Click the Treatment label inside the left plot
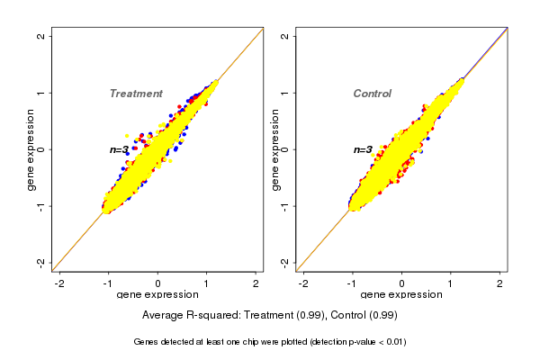tap(136, 94)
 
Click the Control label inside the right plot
tap(372, 94)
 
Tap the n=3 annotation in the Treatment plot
tap(120, 149)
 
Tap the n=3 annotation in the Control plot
tap(363, 149)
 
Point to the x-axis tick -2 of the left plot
tap(60, 283)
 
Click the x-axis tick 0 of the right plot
tap(401, 283)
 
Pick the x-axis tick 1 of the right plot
tap(451, 283)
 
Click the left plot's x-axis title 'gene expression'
tap(157, 295)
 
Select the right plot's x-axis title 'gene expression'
tap(401, 295)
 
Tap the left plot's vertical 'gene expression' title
tap(31, 149)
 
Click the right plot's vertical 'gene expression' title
tap(275, 149)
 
